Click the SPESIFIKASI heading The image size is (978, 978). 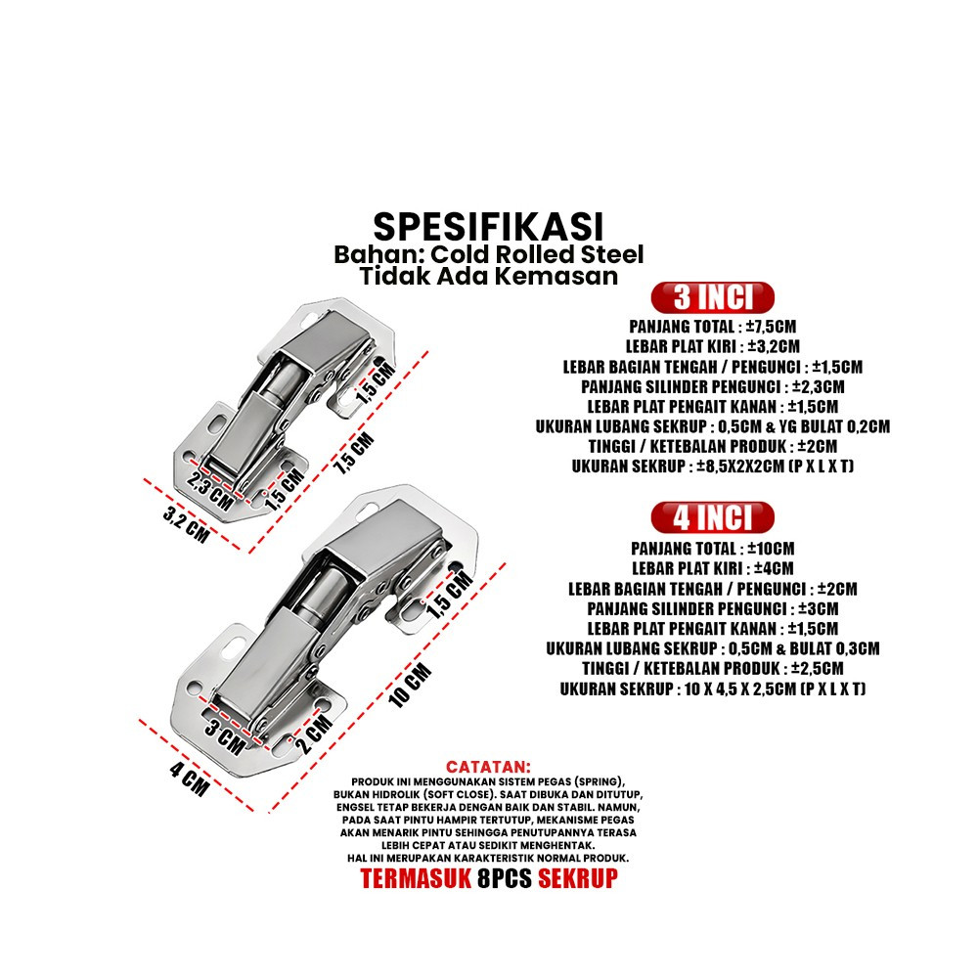[488, 227]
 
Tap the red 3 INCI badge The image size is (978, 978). [712, 297]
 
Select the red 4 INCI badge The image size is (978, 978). [712, 517]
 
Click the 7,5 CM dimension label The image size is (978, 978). [356, 453]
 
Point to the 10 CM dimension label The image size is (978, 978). [410, 686]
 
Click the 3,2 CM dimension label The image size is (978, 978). [186, 524]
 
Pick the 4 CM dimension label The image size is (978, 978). [190, 779]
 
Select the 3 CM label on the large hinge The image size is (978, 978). [225, 736]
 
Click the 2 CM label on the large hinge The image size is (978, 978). [314, 733]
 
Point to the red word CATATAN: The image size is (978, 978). [488, 767]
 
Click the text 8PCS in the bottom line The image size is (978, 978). [505, 878]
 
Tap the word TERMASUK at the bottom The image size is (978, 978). [416, 878]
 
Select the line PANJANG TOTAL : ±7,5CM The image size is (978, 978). [712, 327]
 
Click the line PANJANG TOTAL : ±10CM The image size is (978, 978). [712, 549]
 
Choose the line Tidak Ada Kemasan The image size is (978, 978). [488, 276]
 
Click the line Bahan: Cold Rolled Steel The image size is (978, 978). [488, 254]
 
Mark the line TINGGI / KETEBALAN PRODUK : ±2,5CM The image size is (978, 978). [712, 669]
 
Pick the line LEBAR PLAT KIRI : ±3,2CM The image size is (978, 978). [712, 346]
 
